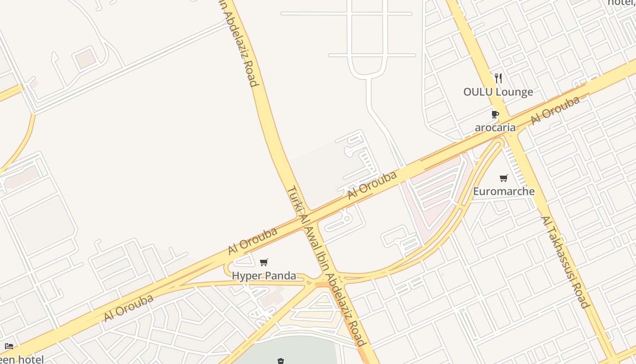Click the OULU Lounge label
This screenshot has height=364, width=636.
[x=498, y=92]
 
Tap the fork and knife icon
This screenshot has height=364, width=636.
[x=498, y=78]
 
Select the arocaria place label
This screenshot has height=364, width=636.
[x=495, y=127]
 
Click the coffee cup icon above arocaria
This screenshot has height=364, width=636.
[x=495, y=114]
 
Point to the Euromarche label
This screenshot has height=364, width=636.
[x=504, y=191]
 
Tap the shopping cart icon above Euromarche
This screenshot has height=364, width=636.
[x=503, y=178]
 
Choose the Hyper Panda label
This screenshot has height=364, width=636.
[x=264, y=276]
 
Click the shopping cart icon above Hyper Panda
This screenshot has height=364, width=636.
[x=264, y=262]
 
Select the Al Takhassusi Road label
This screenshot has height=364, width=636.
[x=565, y=262]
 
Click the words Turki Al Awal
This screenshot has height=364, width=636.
[x=303, y=214]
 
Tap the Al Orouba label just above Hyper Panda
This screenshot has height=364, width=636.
[x=253, y=241]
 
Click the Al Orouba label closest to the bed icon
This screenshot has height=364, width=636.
[x=129, y=308]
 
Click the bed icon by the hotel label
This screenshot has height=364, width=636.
[x=9, y=347]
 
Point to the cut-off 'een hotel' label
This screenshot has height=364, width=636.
[x=22, y=359]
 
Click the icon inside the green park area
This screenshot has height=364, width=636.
[x=281, y=361]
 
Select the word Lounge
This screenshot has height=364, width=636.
[x=514, y=92]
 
